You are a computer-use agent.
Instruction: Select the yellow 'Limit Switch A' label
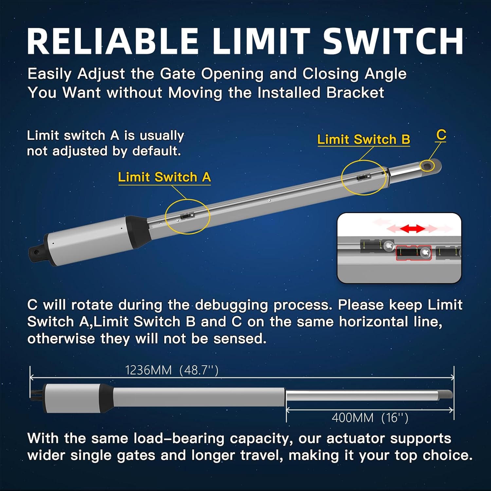(164, 177)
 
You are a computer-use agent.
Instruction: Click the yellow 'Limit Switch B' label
(364, 139)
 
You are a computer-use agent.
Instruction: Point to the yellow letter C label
(441, 135)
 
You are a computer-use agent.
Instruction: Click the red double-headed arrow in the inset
(412, 228)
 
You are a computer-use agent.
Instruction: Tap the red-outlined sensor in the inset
(413, 253)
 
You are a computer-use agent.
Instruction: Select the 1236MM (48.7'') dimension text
(172, 370)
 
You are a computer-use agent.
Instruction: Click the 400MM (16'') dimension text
(370, 418)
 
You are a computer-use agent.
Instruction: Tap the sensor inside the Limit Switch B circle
(364, 177)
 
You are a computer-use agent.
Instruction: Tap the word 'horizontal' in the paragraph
(373, 322)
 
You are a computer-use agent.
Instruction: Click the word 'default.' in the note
(156, 151)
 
